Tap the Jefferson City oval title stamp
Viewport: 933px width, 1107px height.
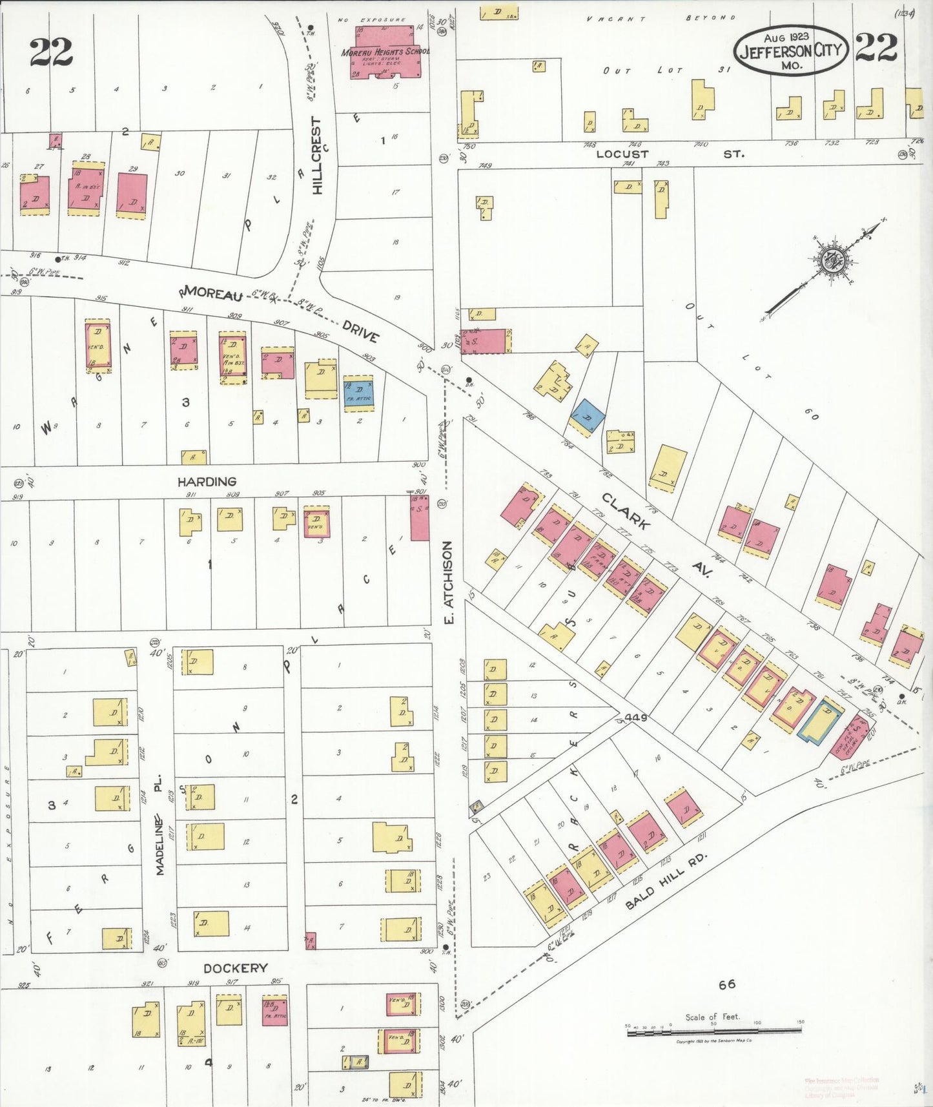pos(791,51)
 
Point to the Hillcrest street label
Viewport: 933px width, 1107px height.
pos(316,155)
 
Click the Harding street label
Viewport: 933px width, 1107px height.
pos(207,482)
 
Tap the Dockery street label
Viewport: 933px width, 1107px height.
pos(235,968)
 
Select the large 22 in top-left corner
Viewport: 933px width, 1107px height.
pos(50,52)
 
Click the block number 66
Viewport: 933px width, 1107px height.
pos(726,984)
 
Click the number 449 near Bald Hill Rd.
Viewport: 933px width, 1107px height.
pos(635,718)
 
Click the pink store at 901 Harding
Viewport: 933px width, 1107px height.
pos(420,518)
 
